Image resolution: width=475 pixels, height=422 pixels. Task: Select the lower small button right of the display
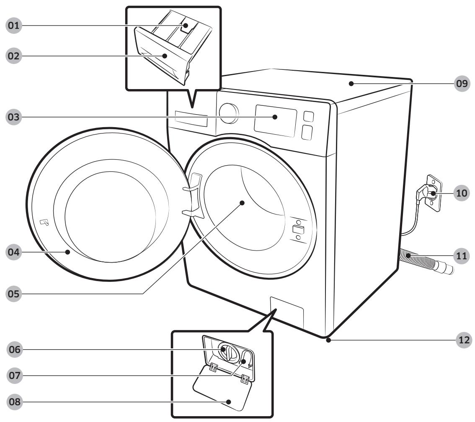pos(307,133)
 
